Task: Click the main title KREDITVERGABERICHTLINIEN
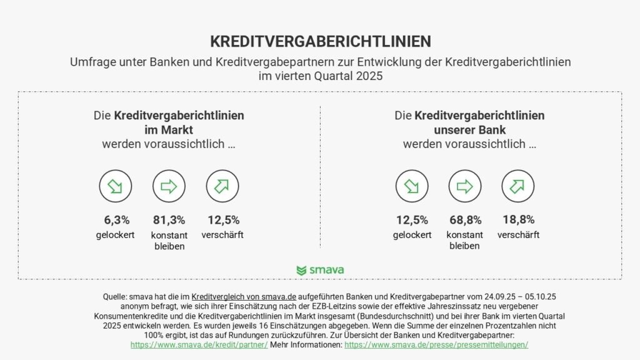point(320,41)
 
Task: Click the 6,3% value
point(116,220)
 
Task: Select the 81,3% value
point(169,220)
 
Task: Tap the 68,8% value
point(465,220)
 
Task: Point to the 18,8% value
point(518,220)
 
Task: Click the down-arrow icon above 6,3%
point(116,186)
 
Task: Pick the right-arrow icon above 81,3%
point(169,186)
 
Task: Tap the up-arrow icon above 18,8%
point(518,186)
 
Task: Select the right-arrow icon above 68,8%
point(465,186)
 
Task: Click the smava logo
point(320,270)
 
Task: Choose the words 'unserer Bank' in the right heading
point(469,130)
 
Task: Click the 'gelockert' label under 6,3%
point(116,235)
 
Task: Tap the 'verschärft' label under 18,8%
point(518,235)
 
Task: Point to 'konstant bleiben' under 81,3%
point(169,240)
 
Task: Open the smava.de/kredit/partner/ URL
point(199,344)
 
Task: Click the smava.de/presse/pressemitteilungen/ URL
point(436,344)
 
